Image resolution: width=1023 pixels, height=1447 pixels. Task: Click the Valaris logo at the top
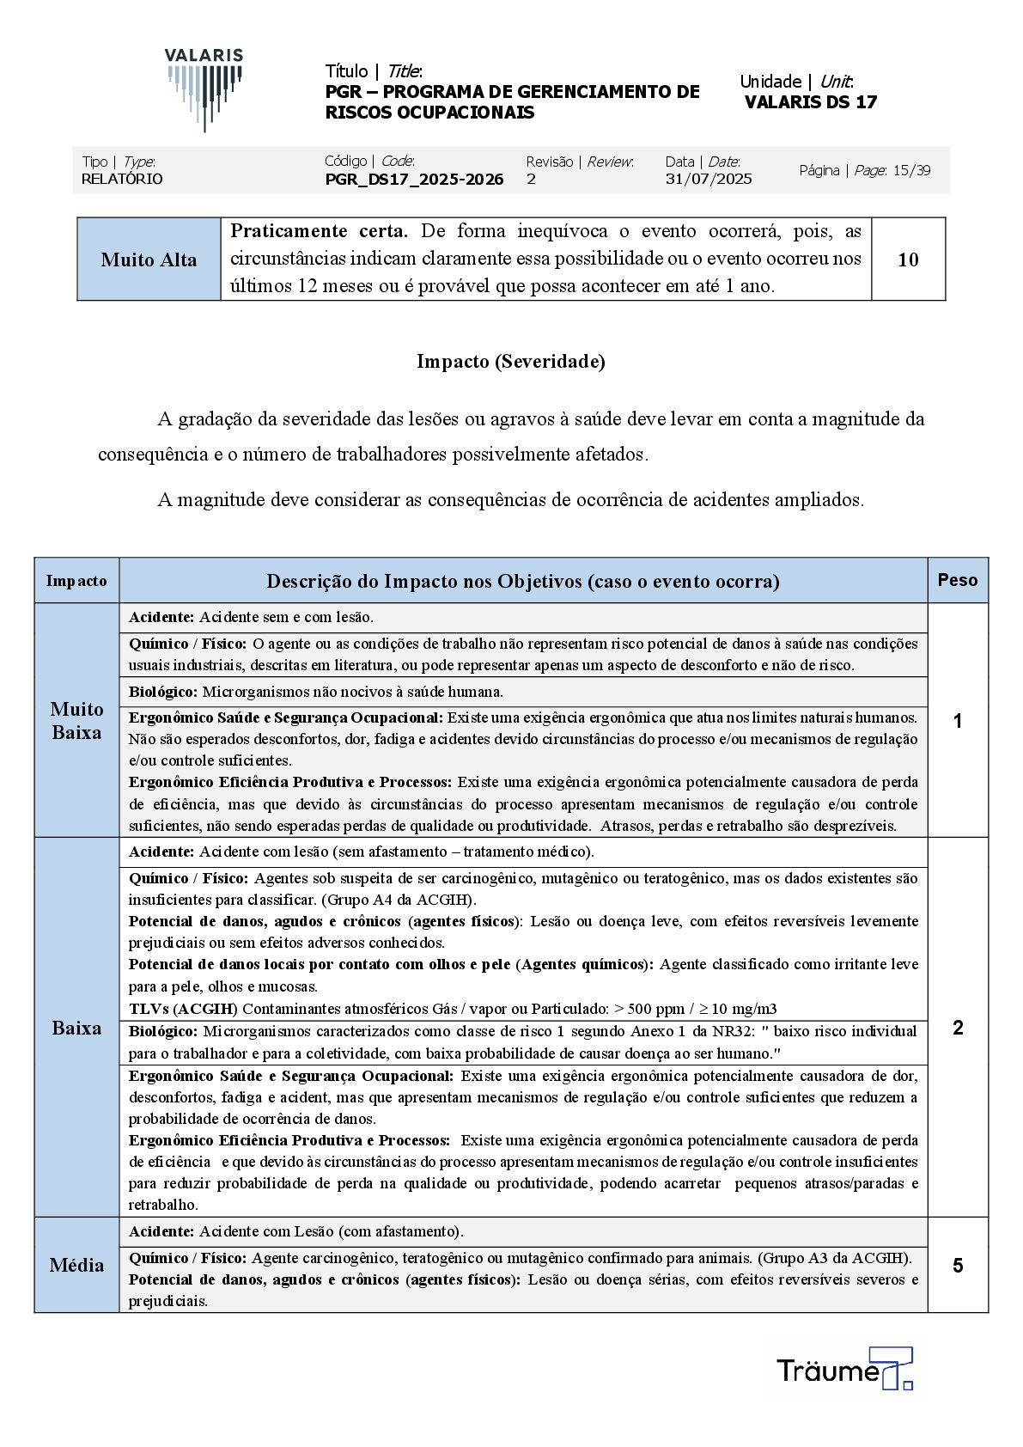coord(204,89)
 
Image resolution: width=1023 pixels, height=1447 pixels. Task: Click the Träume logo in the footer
coord(843,1369)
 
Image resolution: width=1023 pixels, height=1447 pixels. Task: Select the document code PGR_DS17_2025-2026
coord(414,180)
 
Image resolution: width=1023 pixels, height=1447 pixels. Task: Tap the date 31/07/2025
coord(709,180)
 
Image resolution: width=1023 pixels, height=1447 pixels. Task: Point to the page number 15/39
coord(911,170)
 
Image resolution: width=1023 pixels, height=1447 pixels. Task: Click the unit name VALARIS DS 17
coord(811,102)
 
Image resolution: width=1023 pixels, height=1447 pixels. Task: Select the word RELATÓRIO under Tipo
coord(122,180)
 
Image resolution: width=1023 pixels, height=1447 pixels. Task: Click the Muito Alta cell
coord(149,259)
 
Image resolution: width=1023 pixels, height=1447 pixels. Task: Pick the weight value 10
coord(908,259)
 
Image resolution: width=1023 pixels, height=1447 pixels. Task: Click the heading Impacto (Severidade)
coord(511,362)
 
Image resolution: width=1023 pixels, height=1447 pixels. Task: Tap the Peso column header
coord(958,580)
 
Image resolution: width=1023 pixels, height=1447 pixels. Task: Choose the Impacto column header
coord(76,581)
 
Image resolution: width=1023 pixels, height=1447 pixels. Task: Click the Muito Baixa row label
coord(76,720)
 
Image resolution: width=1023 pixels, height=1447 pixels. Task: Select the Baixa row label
coord(76,1028)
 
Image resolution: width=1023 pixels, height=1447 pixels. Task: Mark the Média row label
coord(76,1265)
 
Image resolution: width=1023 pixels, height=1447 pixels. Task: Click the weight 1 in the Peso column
coord(958,721)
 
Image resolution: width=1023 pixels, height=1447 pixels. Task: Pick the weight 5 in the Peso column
coord(958,1266)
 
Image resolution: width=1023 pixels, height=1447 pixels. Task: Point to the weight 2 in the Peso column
coord(958,1028)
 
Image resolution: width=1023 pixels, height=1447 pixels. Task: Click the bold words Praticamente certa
coord(319,231)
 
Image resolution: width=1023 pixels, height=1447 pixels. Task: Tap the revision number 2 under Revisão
coord(531,180)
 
